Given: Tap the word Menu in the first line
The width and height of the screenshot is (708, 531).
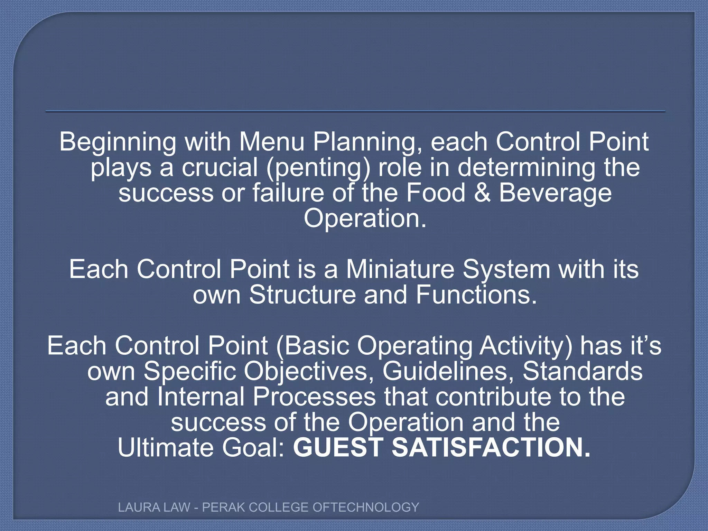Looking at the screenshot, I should coord(272,142).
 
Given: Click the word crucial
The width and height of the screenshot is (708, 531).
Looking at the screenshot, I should coord(220,167).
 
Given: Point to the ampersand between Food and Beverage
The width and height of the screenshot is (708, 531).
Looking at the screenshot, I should coord(482,193).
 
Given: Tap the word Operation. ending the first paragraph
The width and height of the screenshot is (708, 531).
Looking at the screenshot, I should coord(365,218).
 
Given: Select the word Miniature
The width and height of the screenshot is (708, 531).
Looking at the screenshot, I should coord(400,269).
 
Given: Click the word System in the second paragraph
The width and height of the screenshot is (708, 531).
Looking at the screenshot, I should coord(506,270).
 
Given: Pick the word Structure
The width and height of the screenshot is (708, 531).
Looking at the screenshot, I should coord(302,295).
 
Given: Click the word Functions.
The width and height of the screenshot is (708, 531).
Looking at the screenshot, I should coord(476,295).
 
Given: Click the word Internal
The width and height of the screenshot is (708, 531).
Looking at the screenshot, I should coord(201,397).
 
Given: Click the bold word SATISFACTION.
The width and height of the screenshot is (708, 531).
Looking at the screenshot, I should coord(491,447).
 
